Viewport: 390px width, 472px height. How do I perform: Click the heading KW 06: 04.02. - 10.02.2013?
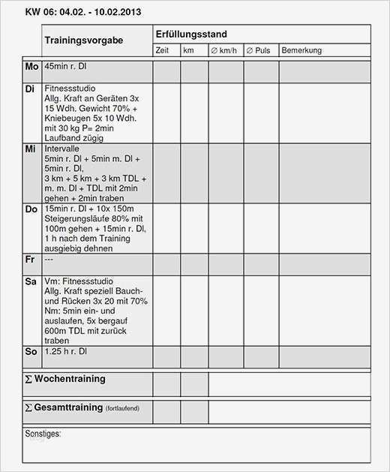pyautogui.click(x=82, y=12)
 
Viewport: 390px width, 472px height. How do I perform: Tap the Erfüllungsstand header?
pyautogui.click(x=191, y=35)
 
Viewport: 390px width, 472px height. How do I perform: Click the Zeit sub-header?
pyautogui.click(x=162, y=50)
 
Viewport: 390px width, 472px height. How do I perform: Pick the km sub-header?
pyautogui.click(x=188, y=50)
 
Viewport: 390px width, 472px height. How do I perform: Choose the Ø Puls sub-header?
pyautogui.click(x=258, y=50)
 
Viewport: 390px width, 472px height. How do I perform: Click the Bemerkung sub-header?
pyautogui.click(x=301, y=50)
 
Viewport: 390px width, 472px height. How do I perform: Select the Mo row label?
pyautogui.click(x=31, y=67)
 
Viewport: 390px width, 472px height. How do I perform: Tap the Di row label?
pyautogui.click(x=30, y=89)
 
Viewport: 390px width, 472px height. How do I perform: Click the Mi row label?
pyautogui.click(x=30, y=149)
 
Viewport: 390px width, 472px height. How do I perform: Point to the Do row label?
pyautogui.click(x=31, y=209)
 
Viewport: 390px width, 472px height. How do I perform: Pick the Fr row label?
pyautogui.click(x=30, y=259)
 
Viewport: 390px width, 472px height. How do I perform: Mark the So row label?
pyautogui.click(x=31, y=351)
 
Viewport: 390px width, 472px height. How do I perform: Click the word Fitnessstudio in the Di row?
pyautogui.click(x=70, y=89)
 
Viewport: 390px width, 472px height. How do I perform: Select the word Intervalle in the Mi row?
pyautogui.click(x=61, y=149)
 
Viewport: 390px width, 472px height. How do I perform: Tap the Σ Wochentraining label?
pyautogui.click(x=65, y=379)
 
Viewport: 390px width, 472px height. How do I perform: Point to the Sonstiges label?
pyautogui.click(x=43, y=434)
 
